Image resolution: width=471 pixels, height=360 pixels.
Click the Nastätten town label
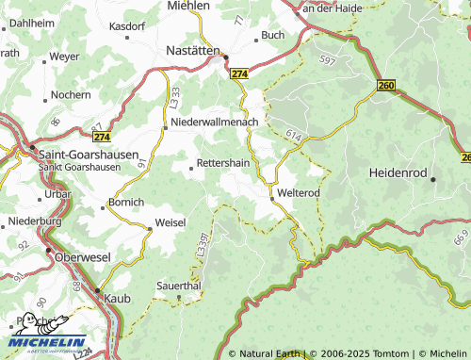click(x=192, y=49)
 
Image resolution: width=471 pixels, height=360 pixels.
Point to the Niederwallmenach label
click(x=220, y=123)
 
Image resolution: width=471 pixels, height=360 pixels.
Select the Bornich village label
click(x=126, y=202)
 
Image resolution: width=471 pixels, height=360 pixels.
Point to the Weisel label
click(x=171, y=222)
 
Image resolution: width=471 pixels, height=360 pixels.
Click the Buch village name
click(x=272, y=35)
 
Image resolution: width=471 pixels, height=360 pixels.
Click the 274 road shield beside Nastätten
click(x=239, y=73)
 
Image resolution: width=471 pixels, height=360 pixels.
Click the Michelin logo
click(x=47, y=335)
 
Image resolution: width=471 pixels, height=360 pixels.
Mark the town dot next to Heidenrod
click(x=433, y=179)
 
